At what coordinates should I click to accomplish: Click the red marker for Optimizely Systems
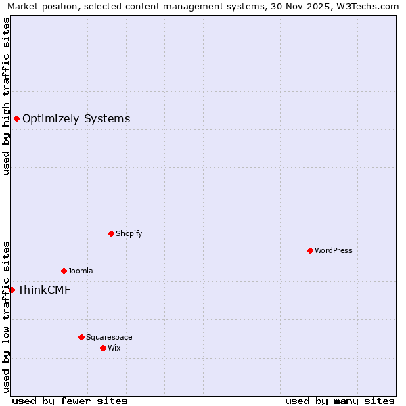pyautogui.click(x=16, y=119)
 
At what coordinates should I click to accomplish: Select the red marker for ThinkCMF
pyautogui.click(x=12, y=290)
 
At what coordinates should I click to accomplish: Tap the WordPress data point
pyautogui.click(x=310, y=250)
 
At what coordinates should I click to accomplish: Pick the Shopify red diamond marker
pyautogui.click(x=111, y=233)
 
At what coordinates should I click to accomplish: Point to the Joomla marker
pyautogui.click(x=64, y=271)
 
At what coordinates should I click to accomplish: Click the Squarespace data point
pyautogui.click(x=81, y=337)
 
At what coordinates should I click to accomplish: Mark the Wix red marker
pyautogui.click(x=103, y=348)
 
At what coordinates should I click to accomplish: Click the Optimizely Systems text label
pyautogui.click(x=76, y=119)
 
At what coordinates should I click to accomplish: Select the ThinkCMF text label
pyautogui.click(x=44, y=290)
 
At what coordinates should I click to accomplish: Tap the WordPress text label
pyautogui.click(x=334, y=250)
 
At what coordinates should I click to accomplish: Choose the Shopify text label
pyautogui.click(x=129, y=233)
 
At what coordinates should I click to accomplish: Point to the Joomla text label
pyautogui.click(x=81, y=271)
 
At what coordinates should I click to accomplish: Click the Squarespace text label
pyautogui.click(x=109, y=337)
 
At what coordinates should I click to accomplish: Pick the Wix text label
pyautogui.click(x=114, y=348)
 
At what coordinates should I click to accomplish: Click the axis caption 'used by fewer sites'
pyautogui.click(x=70, y=401)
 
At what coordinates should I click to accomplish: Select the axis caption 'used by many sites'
pyautogui.click(x=340, y=401)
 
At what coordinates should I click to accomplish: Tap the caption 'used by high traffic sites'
pyautogui.click(x=7, y=96)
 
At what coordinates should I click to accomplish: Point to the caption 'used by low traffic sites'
pyautogui.click(x=7, y=317)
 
